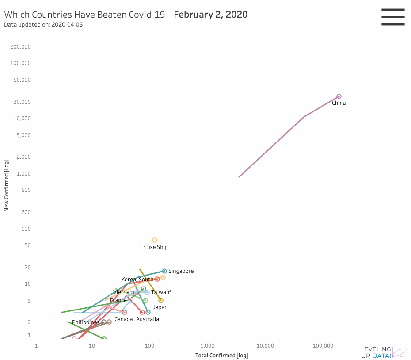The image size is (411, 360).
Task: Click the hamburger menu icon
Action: point(393,17)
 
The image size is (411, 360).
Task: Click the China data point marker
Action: point(339,96)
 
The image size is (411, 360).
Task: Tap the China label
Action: point(339,103)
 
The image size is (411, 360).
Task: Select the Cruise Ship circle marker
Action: point(155,240)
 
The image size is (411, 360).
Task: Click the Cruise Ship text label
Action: point(154,247)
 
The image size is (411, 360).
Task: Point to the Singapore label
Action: point(181,271)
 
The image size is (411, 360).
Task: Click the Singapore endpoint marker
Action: point(164,271)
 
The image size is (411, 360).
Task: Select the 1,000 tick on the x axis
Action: point(207,345)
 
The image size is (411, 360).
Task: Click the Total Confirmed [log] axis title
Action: point(222,355)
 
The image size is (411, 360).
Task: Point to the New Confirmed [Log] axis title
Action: point(6,185)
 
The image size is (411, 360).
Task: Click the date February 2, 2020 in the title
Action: point(211,15)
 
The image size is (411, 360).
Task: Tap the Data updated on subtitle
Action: point(43,25)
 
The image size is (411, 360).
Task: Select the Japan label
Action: point(160,307)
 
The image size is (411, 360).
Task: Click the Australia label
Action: point(148,319)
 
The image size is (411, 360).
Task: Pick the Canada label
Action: point(123,319)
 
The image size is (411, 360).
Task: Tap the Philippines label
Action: point(86,322)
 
